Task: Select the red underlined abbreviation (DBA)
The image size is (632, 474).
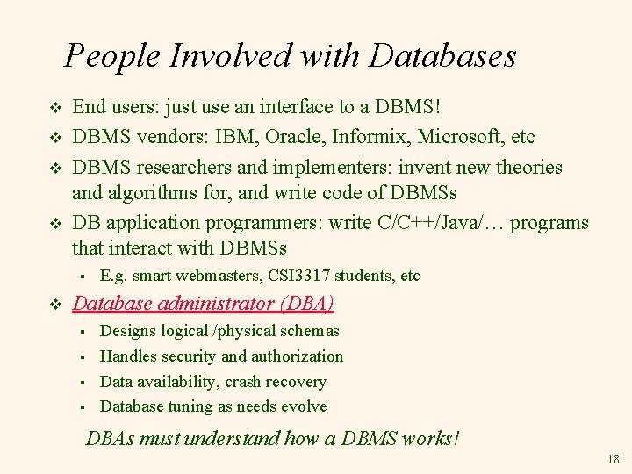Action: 305,304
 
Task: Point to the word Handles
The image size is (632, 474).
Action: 128,356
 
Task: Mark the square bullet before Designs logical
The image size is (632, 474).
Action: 80,332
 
